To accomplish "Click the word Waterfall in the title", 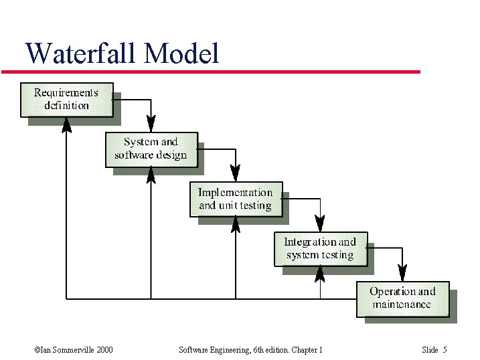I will point(81,54).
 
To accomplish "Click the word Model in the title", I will point(181,54).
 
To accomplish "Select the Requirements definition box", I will point(66,99).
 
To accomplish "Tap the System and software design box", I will point(151,149).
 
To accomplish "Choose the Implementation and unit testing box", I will point(236,199).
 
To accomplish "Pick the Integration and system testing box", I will point(320,248).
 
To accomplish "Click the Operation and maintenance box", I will point(402,298).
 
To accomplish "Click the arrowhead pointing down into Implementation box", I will point(236,174).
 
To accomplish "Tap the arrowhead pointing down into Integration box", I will point(320,224).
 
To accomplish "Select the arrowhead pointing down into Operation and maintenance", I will point(402,273).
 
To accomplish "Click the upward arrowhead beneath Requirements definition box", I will point(66,125).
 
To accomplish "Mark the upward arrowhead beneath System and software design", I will point(151,175).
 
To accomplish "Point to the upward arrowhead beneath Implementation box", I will point(236,224).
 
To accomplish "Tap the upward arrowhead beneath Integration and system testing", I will point(320,273).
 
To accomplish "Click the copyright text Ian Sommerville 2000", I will point(73,350).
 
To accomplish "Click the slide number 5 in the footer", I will point(445,350).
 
